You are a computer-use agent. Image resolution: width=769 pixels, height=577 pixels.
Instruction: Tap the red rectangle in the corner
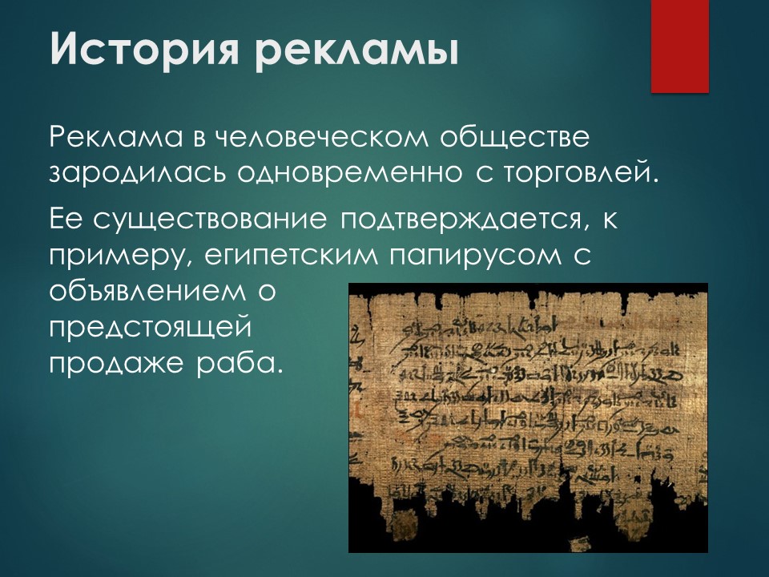(679, 46)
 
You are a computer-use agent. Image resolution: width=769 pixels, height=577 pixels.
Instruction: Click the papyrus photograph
(528, 417)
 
